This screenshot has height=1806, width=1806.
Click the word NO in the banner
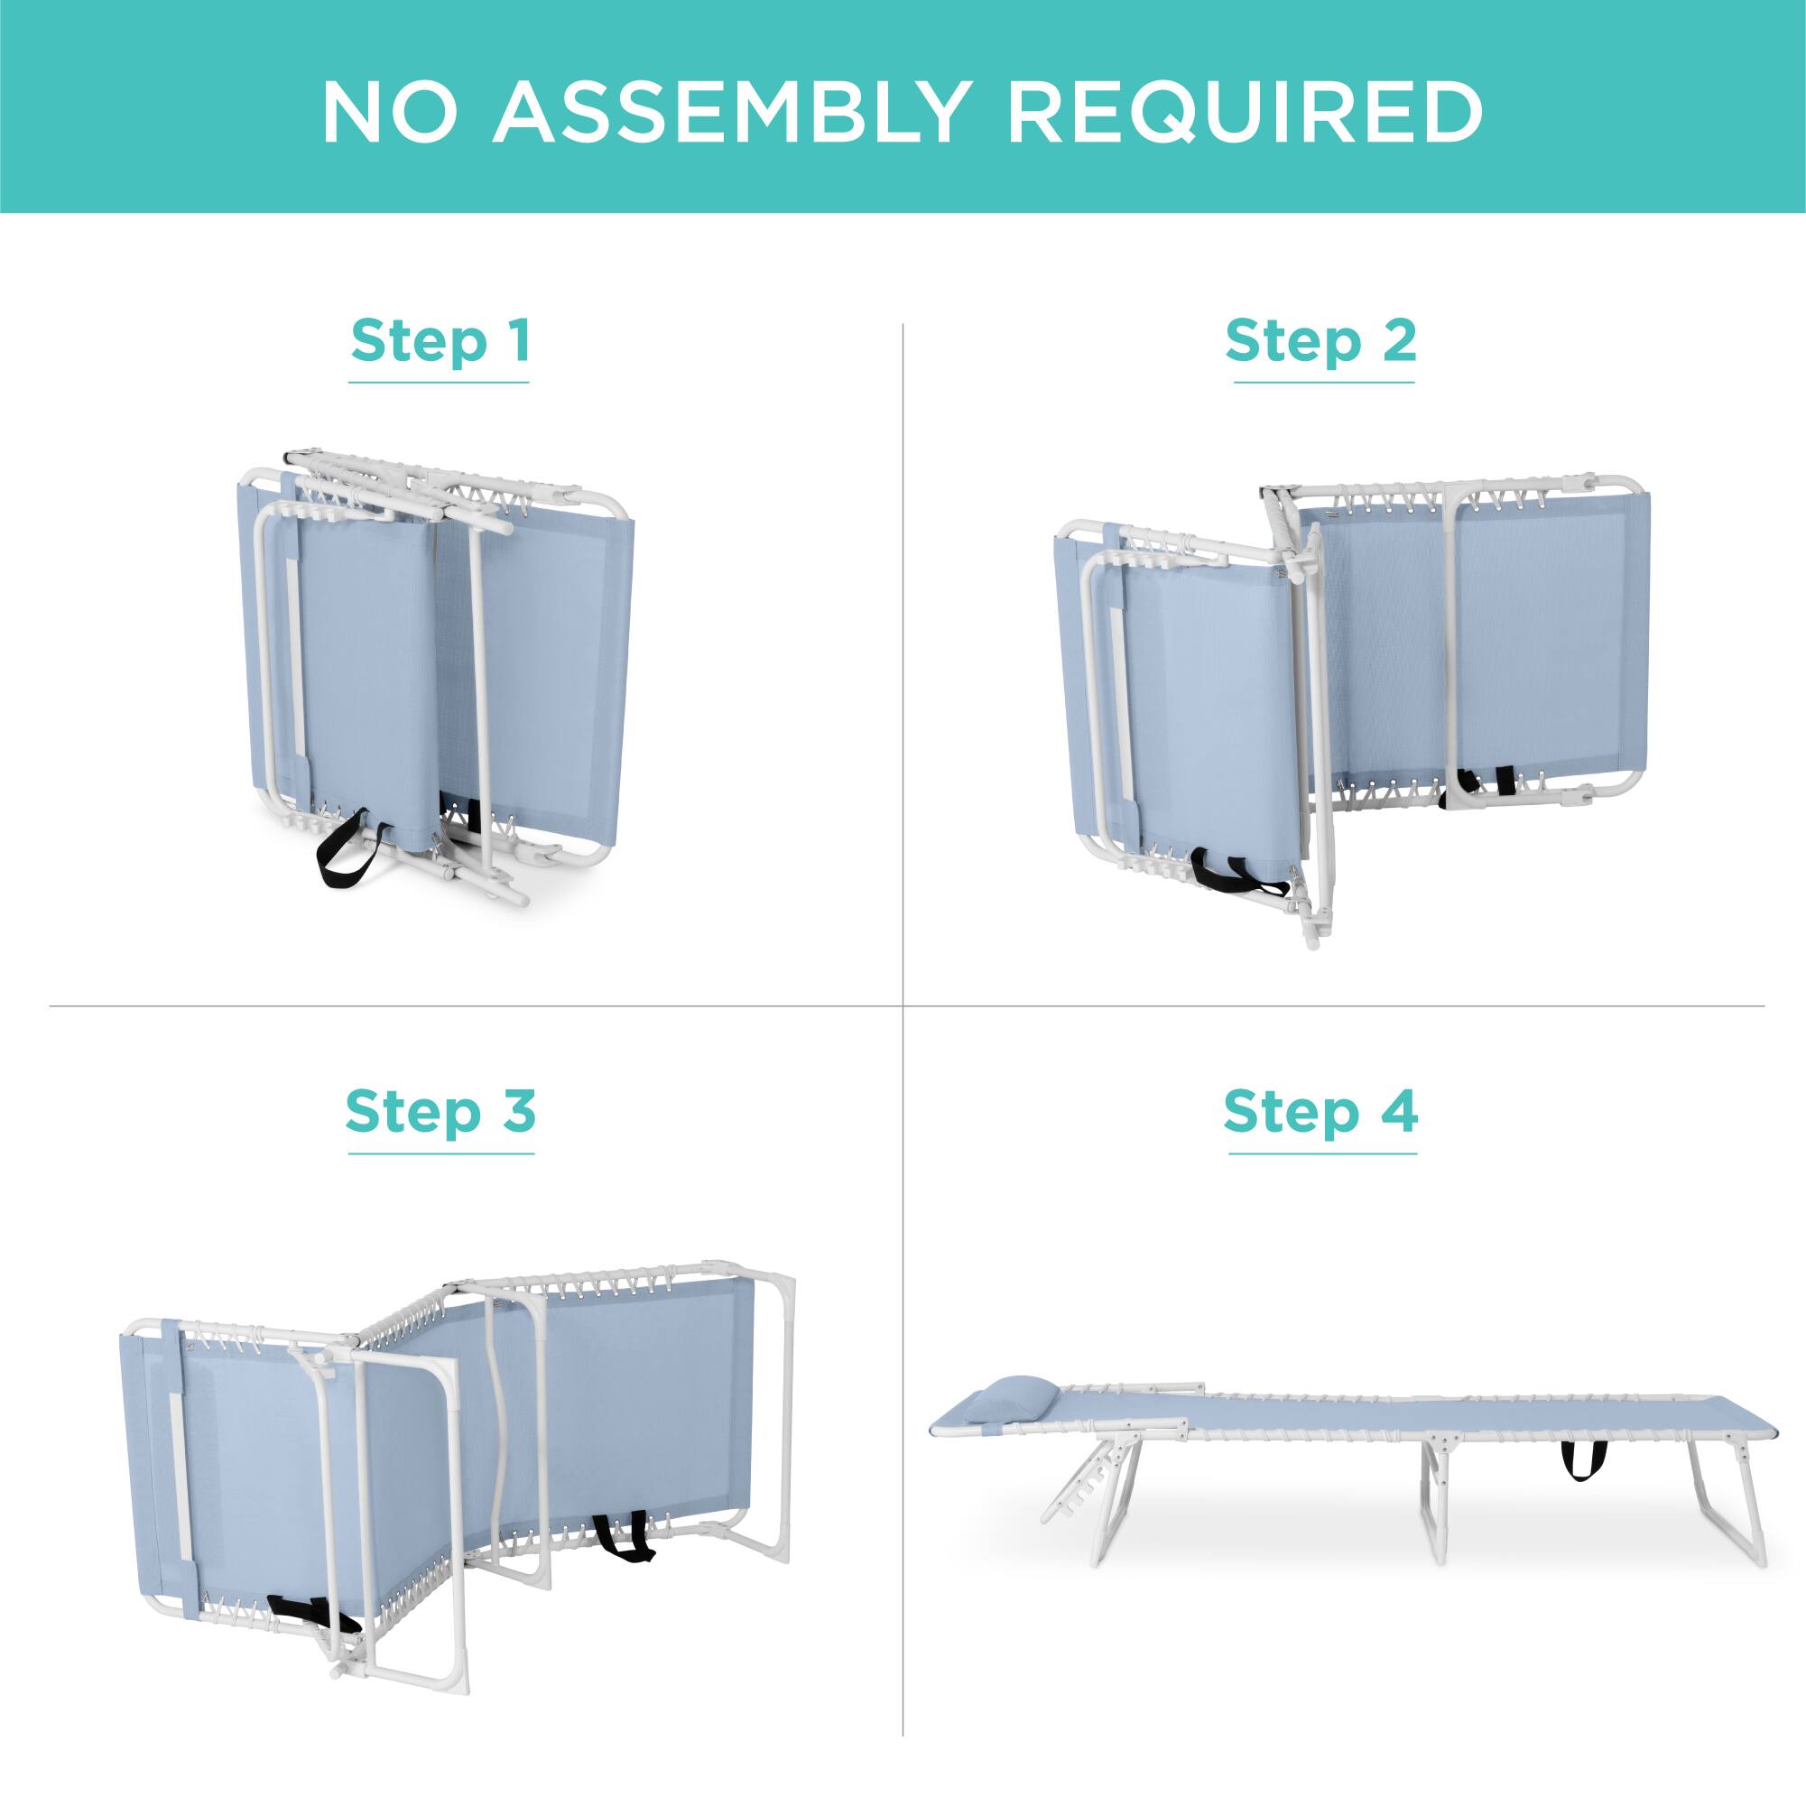click(x=391, y=112)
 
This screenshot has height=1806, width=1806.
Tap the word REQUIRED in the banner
click(x=1246, y=112)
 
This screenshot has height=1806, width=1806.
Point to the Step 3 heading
click(x=440, y=1110)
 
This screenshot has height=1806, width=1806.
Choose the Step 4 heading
click(x=1320, y=1110)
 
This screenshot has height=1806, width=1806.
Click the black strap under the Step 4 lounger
click(x=1582, y=1461)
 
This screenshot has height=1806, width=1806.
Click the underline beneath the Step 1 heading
click(x=439, y=383)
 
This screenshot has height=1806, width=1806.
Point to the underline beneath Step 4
click(x=1321, y=1153)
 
